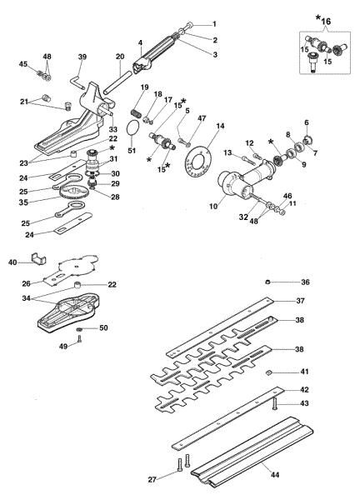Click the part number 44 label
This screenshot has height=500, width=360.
275,475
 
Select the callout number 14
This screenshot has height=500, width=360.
220,127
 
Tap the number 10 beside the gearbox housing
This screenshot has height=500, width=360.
213,206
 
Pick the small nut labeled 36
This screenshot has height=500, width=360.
268,282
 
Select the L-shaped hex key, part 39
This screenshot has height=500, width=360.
76,82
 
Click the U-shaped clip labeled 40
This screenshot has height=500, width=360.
38,258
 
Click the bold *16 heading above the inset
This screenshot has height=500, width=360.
323,20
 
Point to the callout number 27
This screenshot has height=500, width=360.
152,479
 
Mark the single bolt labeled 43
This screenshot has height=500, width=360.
274,405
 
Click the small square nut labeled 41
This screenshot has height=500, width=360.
268,372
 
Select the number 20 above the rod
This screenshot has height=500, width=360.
120,57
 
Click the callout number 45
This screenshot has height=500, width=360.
23,64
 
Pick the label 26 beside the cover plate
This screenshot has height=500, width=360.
26,283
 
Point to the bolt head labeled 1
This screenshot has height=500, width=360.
189,24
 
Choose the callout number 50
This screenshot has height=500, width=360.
103,327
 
